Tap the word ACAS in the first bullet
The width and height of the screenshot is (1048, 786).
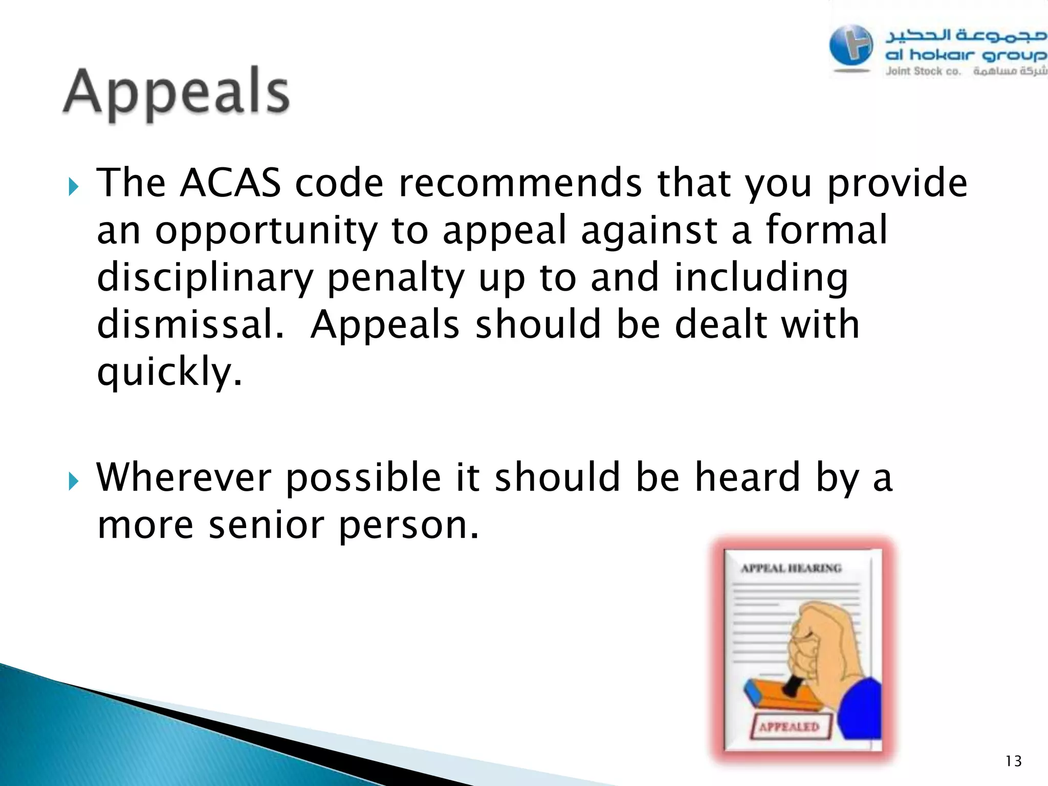(230, 183)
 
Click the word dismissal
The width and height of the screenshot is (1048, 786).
(189, 325)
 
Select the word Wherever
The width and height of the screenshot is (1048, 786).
(184, 477)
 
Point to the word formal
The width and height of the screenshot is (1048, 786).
(826, 230)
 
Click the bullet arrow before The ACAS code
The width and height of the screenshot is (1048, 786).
(74, 187)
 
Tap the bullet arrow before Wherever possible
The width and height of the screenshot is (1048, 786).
(74, 482)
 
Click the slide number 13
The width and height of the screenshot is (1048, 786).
(1013, 761)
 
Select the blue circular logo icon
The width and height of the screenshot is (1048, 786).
(851, 46)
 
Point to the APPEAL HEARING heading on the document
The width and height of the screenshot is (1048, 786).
(791, 568)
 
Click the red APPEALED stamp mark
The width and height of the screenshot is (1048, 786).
(789, 727)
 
